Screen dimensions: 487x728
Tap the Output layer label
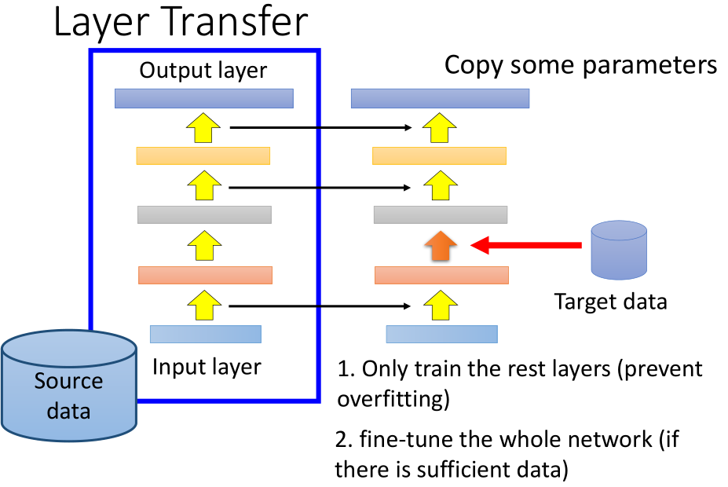pyautogui.click(x=203, y=70)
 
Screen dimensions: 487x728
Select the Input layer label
pyautogui.click(x=207, y=367)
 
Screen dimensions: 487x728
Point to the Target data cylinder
pyautogui.click(x=619, y=251)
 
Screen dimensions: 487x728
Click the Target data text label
pyautogui.click(x=610, y=302)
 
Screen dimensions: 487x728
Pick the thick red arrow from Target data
pyautogui.click(x=525, y=246)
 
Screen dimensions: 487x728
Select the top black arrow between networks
pyautogui.click(x=322, y=126)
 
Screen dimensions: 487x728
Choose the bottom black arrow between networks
pyautogui.click(x=322, y=306)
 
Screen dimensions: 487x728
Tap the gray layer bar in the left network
pyautogui.click(x=204, y=214)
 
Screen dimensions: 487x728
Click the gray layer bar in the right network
pyautogui.click(x=441, y=214)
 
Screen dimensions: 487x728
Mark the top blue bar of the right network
pyautogui.click(x=440, y=98)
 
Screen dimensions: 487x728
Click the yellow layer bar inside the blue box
pyautogui.click(x=203, y=156)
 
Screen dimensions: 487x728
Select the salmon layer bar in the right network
pyautogui.click(x=441, y=275)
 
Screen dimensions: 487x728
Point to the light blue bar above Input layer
pyautogui.click(x=205, y=334)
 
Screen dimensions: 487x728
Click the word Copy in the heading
pyautogui.click(x=476, y=64)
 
